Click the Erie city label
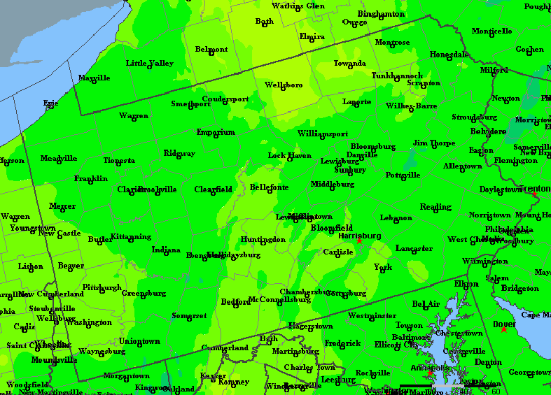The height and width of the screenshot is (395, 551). point(50,103)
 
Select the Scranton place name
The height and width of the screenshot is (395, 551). point(424,83)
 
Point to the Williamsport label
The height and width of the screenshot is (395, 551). point(322,134)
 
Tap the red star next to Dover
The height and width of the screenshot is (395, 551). point(503,329)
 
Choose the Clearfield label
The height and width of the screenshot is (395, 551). point(213,189)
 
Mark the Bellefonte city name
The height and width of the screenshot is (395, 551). point(269,187)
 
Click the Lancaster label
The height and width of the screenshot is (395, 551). point(414,248)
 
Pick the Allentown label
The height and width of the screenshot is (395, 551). point(462,166)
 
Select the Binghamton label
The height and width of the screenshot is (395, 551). point(381,14)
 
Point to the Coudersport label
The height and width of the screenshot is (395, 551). point(225,99)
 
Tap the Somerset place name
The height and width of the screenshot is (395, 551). point(189,316)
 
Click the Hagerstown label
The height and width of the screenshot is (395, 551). point(310,326)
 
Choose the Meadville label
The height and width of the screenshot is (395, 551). point(59,158)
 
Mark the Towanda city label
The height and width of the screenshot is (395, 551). point(349,64)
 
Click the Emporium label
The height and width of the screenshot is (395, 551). point(215,132)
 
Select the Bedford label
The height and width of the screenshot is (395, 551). point(235,302)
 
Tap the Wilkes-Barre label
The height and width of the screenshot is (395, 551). point(411,106)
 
